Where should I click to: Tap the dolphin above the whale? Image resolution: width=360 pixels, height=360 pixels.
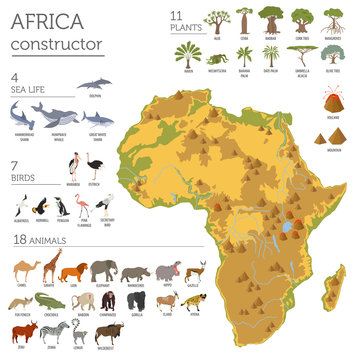tap(97, 88)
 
